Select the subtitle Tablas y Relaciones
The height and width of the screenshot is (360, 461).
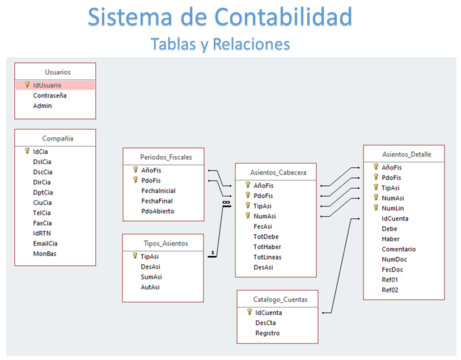[220, 44]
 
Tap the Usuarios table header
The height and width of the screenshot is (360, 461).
[57, 72]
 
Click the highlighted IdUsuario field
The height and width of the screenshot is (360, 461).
[46, 85]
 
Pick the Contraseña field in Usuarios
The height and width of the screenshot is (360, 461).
[49, 95]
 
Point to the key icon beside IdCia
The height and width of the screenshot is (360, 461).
[27, 151]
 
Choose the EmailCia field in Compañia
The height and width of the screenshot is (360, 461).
[45, 243]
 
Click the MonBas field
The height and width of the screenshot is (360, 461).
[44, 253]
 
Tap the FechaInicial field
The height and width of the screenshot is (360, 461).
[158, 190]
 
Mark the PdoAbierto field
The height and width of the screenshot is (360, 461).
[158, 211]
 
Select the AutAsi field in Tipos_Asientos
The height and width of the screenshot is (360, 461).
[150, 287]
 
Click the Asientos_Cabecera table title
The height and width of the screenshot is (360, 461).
[278, 172]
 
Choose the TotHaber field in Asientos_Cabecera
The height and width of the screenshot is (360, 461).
[267, 247]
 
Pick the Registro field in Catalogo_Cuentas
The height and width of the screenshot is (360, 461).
[267, 333]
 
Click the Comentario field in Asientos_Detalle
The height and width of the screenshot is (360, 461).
[398, 249]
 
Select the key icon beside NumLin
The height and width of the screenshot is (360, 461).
[375, 208]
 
